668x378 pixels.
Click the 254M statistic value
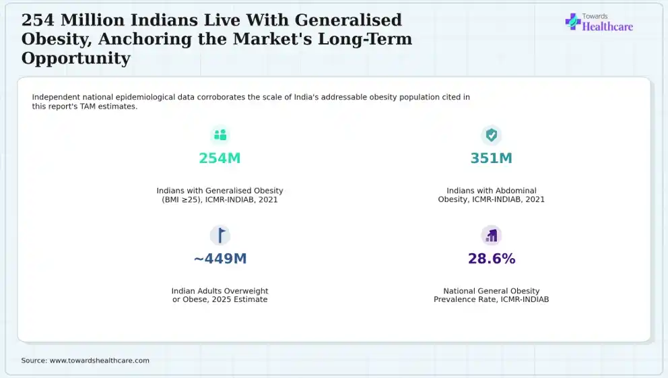point(220,158)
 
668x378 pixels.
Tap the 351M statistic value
point(491,158)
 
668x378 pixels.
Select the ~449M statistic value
point(220,258)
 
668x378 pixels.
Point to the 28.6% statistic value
point(492,258)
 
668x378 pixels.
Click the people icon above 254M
point(220,135)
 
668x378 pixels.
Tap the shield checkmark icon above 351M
point(491,135)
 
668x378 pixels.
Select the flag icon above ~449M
point(221,235)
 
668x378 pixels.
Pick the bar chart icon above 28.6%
point(492,235)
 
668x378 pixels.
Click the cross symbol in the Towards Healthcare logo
point(573,22)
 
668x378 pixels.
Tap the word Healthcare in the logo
point(607,26)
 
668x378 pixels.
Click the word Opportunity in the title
point(76,59)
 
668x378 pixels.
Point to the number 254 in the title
point(38,20)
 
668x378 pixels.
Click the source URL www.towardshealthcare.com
point(99,360)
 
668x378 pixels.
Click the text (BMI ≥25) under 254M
point(182,199)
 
